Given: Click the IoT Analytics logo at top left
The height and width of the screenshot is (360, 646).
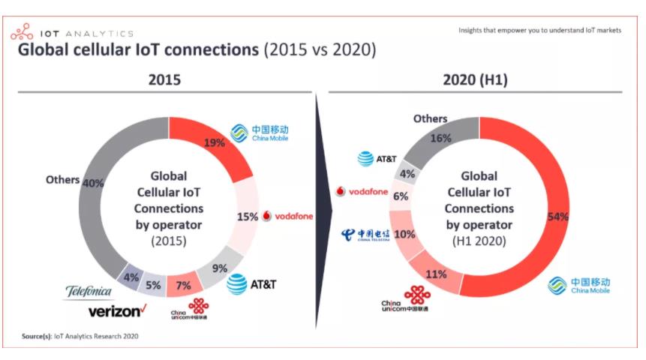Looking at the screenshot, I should [x=71, y=33].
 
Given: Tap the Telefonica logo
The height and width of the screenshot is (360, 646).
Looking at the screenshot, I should [x=89, y=291].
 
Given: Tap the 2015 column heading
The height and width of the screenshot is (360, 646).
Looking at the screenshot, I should [x=164, y=79].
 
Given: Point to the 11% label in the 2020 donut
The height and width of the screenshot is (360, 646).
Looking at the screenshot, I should [x=436, y=274].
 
